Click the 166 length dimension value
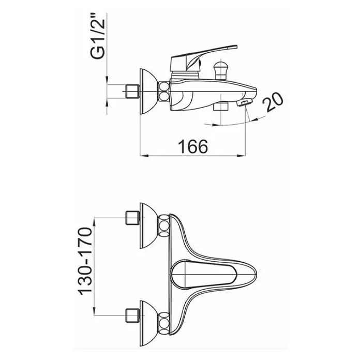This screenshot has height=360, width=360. pyautogui.click(x=193, y=146)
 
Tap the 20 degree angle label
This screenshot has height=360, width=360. pyautogui.click(x=273, y=102)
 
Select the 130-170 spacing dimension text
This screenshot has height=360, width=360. pyautogui.click(x=85, y=261)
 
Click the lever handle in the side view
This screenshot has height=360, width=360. pyautogui.click(x=203, y=57)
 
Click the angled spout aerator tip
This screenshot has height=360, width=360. pyautogui.click(x=245, y=102)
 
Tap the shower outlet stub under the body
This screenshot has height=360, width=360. pyautogui.click(x=220, y=107)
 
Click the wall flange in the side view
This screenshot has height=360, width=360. pyautogui.click(x=148, y=92)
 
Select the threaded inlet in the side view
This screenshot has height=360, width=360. pyautogui.click(x=133, y=92)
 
